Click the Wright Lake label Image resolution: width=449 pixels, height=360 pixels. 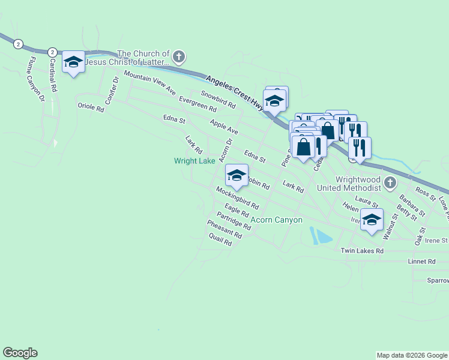click(x=194, y=161)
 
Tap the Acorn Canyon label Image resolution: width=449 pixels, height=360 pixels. click(x=277, y=220)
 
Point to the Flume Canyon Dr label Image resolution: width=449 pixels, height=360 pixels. click(x=34, y=79)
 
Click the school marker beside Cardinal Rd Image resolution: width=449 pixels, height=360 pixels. click(x=74, y=62)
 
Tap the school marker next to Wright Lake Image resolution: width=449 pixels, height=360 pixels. click(x=237, y=176)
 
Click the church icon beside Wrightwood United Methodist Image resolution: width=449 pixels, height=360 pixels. click(x=390, y=182)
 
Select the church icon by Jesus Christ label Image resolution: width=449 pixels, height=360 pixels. click(x=178, y=58)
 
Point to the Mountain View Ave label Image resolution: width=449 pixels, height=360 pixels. click(x=149, y=83)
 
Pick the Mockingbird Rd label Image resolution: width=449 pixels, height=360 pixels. click(x=238, y=198)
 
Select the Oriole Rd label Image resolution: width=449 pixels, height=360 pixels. click(x=91, y=106)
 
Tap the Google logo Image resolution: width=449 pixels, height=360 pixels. click(x=20, y=353)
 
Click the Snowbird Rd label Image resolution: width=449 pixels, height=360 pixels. click(x=218, y=100)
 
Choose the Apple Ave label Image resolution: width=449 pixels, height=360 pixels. click(x=224, y=127)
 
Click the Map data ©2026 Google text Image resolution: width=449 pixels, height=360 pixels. click(x=412, y=355)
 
